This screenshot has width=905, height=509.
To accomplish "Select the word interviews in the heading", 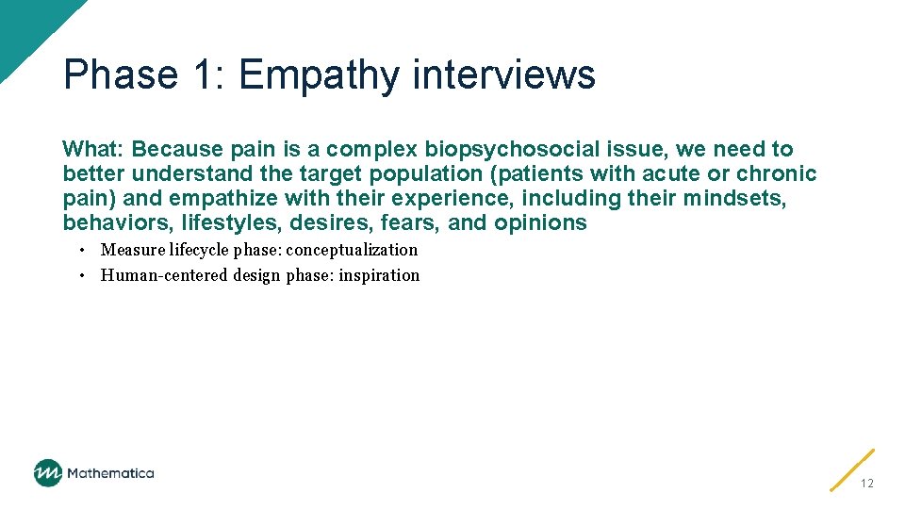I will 504,74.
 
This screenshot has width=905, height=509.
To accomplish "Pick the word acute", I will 670,173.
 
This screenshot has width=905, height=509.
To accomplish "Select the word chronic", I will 777,173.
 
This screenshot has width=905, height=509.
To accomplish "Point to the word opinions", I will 540,222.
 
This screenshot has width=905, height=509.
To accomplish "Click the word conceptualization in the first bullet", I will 352,250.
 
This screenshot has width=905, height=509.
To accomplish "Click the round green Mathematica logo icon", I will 47,473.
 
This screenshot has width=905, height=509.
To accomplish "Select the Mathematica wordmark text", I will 110,473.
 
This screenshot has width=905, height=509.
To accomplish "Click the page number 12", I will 866,484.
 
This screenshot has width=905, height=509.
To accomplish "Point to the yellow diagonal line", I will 852,469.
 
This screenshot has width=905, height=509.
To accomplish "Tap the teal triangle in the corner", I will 24,24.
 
